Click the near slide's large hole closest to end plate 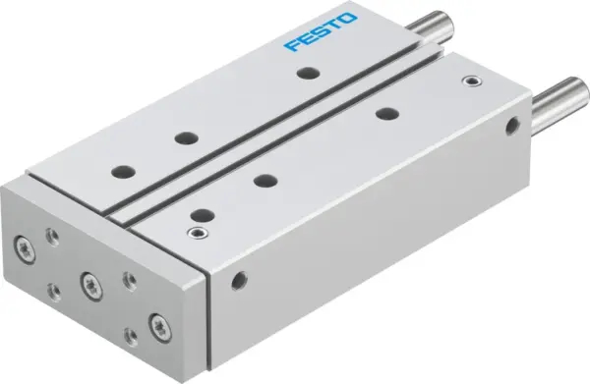pos(201,213)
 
